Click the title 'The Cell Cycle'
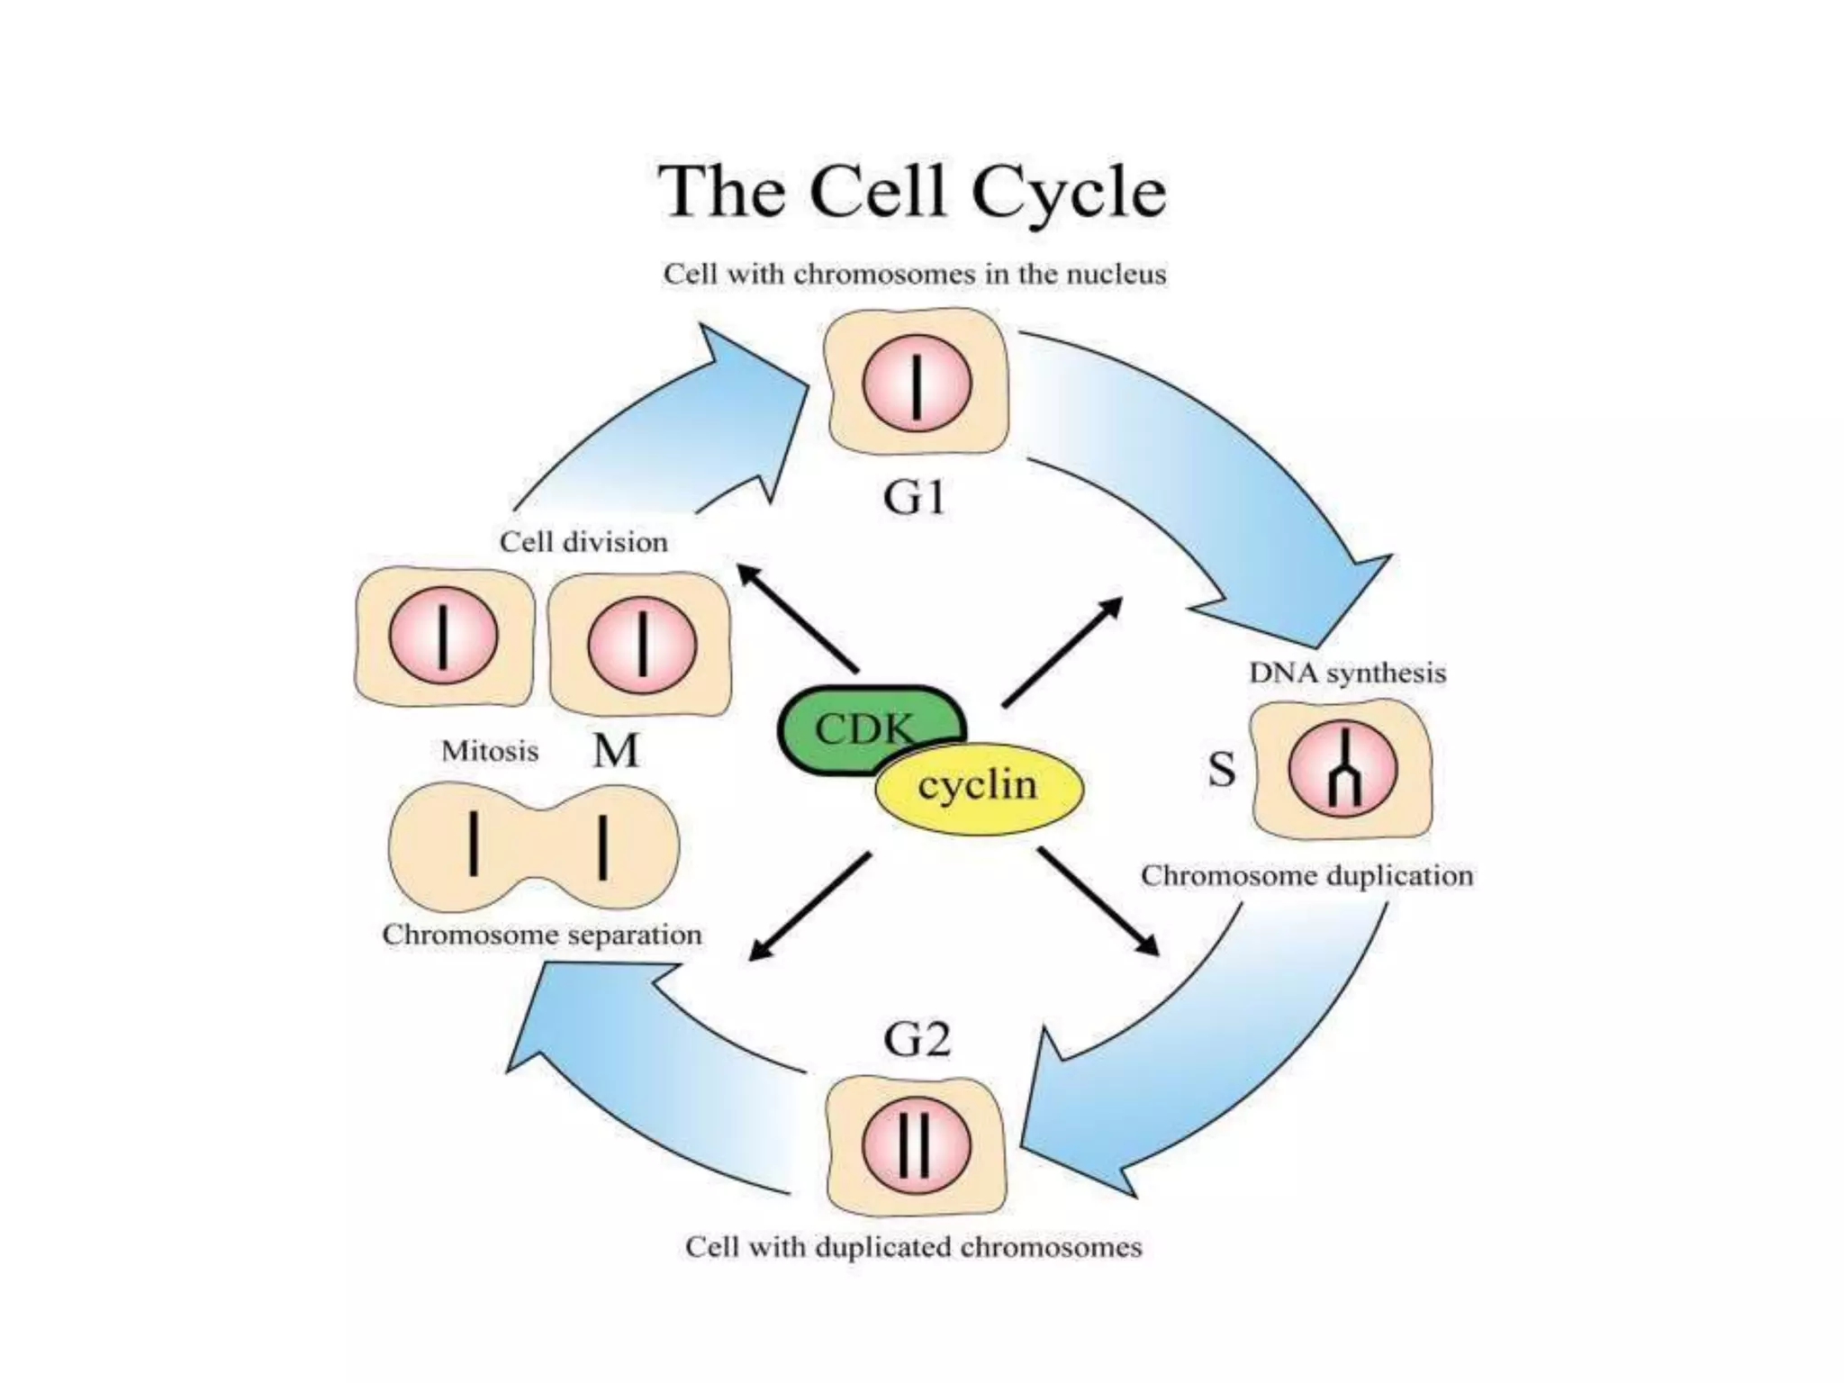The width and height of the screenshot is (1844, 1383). click(x=912, y=192)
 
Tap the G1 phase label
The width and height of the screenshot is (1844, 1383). click(x=915, y=497)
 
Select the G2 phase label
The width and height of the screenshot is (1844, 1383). click(x=917, y=1041)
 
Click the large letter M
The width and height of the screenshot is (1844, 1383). click(x=616, y=751)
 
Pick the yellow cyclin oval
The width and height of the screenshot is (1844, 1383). click(x=979, y=786)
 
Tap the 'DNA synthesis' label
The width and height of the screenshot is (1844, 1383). click(x=1347, y=673)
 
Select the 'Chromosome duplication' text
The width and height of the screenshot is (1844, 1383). click(x=1306, y=876)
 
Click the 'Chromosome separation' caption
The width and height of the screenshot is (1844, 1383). click(x=542, y=935)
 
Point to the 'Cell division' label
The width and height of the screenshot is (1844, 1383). click(x=583, y=542)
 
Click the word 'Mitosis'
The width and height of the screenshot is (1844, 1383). click(x=490, y=751)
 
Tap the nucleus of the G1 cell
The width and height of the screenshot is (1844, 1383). click(x=917, y=383)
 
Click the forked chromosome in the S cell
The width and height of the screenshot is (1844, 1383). click(x=1342, y=770)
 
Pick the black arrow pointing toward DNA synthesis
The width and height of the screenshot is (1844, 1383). click(x=1062, y=651)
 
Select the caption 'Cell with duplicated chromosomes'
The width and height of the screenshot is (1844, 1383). click(x=913, y=1248)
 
